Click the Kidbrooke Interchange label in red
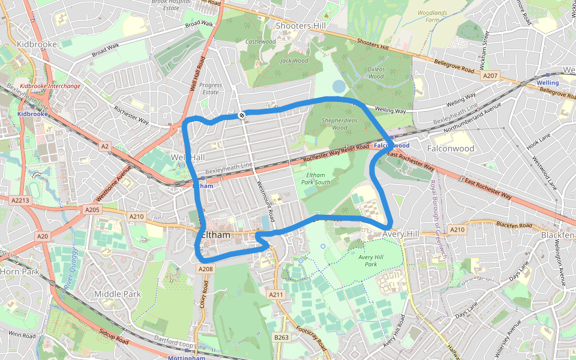[x=50, y=86]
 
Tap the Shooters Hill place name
[x=301, y=26]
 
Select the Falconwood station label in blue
[x=391, y=145]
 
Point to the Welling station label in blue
[x=547, y=83]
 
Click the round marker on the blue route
[x=241, y=115]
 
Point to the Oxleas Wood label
[x=376, y=73]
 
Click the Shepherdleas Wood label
[x=335, y=124]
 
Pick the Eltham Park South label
[x=316, y=178]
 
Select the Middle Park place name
[x=118, y=294]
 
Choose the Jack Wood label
[x=294, y=61]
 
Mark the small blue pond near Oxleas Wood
[x=339, y=86]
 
